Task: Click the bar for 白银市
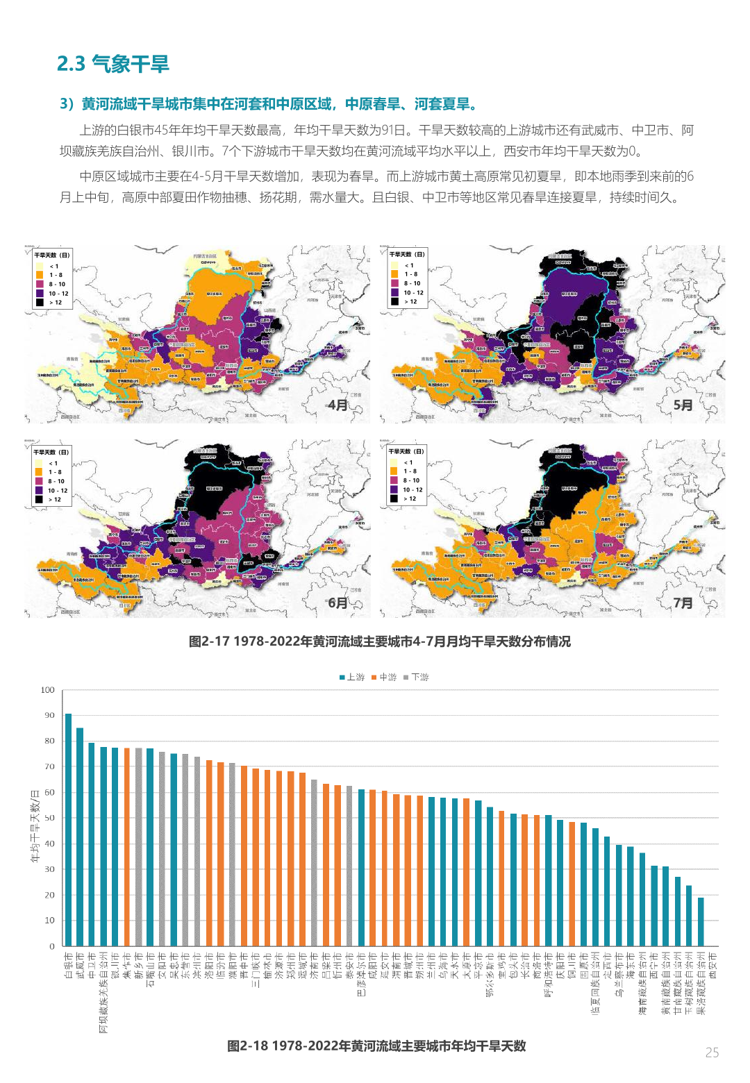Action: tap(68, 830)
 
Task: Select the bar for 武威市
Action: tap(80, 837)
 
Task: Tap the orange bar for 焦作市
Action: tap(126, 847)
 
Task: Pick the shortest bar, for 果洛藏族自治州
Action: tap(701, 922)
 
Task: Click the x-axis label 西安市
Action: tap(712, 966)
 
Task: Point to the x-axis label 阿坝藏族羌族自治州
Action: tap(103, 993)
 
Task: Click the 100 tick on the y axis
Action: tap(47, 690)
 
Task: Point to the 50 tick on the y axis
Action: tap(49, 818)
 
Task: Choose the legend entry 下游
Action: tap(416, 677)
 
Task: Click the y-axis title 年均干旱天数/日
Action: tap(35, 826)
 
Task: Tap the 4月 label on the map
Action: tap(337, 405)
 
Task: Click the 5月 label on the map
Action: tap(683, 405)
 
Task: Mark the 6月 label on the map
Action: tap(337, 603)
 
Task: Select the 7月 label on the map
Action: tap(683, 603)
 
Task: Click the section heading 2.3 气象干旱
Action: tap(112, 64)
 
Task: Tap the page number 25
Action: tap(712, 1052)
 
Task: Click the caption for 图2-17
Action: tap(379, 641)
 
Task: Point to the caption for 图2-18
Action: tap(376, 1046)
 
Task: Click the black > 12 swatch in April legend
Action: tap(40, 303)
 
